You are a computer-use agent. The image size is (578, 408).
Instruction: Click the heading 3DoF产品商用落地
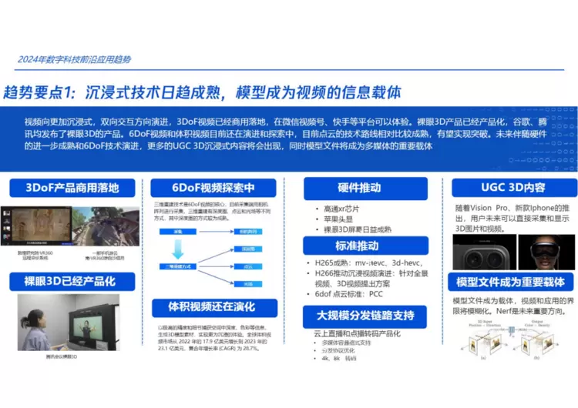[x=72, y=188]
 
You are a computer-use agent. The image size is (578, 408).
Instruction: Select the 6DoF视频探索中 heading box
[x=213, y=188]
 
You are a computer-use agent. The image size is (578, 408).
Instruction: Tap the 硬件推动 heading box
[x=358, y=188]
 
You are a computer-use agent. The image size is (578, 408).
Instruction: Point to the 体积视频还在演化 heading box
[x=213, y=306]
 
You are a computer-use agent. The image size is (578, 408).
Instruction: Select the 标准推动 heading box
[x=358, y=246]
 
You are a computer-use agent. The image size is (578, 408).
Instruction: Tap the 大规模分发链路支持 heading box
[x=359, y=316]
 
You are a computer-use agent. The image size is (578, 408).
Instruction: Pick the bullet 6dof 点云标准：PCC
[x=348, y=294]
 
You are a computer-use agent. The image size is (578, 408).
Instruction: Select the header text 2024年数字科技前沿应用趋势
[x=74, y=60]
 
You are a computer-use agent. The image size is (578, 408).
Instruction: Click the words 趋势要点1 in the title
[x=39, y=92]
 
